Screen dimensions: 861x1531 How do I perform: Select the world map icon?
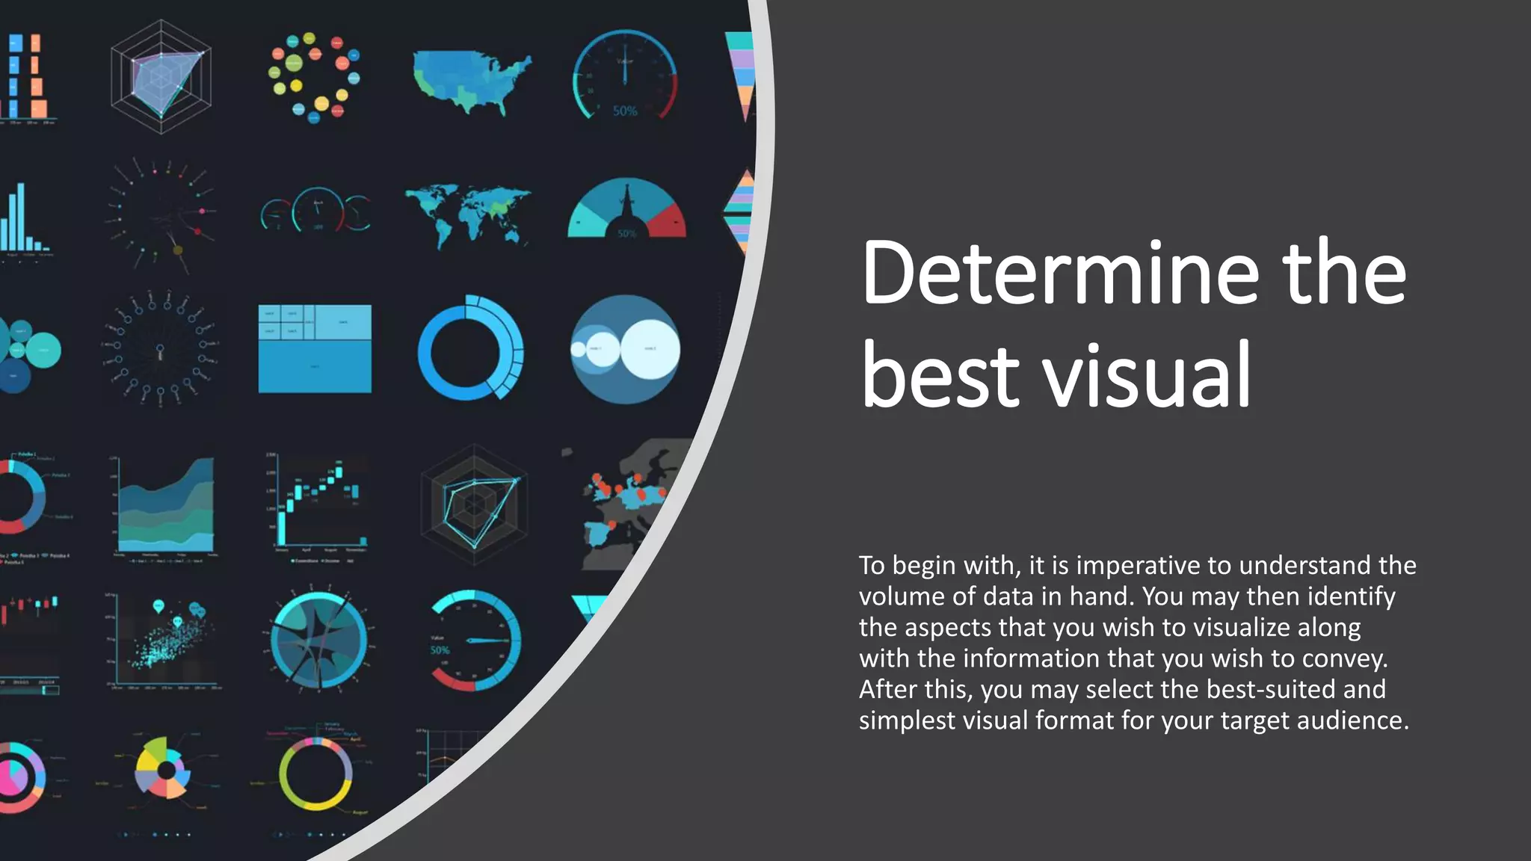468,213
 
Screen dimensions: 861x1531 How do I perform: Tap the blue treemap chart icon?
315,348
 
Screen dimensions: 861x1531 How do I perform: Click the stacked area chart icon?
166,506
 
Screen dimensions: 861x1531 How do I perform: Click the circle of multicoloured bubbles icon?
314,76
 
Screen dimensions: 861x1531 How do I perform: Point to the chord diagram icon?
318,641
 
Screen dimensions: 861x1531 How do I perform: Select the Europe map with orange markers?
624,501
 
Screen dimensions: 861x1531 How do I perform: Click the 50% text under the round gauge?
625,111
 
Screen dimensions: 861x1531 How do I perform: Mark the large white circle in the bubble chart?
650,348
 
